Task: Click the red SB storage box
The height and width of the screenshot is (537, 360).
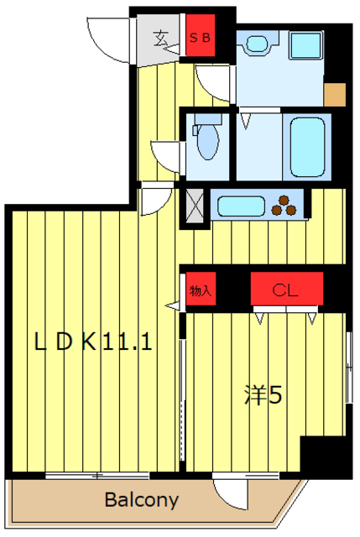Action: [201, 35]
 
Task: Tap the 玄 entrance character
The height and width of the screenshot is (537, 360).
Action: [160, 39]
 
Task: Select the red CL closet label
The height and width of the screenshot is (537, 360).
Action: [287, 289]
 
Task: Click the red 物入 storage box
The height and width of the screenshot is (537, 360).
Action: [201, 289]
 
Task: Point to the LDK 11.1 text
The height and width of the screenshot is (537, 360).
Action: [93, 341]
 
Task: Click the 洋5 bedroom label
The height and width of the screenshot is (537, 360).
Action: [263, 395]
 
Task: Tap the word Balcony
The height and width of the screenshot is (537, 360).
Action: [142, 500]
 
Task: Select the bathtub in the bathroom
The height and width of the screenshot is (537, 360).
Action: [307, 148]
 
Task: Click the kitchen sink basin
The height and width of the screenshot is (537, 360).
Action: [241, 206]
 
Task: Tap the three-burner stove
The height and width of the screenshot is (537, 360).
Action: [284, 206]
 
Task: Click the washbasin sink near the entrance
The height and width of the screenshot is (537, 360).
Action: [257, 44]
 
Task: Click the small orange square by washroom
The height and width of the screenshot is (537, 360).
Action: [335, 95]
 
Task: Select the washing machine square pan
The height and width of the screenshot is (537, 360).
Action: [306, 45]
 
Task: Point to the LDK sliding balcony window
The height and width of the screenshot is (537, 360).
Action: [97, 476]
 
